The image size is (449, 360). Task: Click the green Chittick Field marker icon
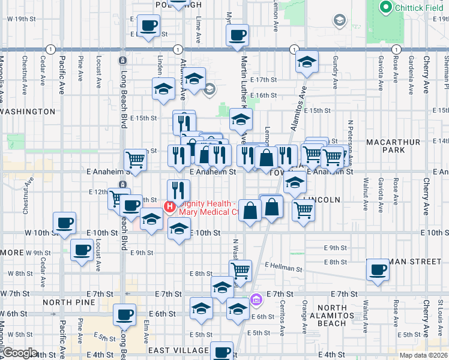click(x=385, y=8)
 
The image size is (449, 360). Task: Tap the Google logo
click(x=20, y=353)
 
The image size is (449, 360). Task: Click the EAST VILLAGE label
click(x=176, y=350)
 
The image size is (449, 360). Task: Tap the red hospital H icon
click(x=169, y=207)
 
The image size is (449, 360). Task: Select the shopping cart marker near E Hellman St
click(x=241, y=269)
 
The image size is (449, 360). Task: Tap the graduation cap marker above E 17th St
click(x=307, y=62)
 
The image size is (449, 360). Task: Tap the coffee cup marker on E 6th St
click(x=125, y=313)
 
